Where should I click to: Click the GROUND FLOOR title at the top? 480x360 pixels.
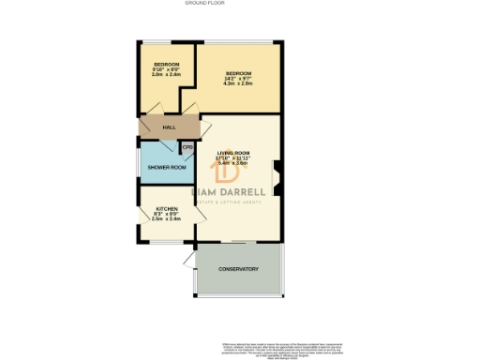coord(238,5)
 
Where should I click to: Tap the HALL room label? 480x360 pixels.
coord(170,127)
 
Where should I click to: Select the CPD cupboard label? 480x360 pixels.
coord(187,147)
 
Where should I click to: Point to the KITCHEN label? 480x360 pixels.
coord(167,208)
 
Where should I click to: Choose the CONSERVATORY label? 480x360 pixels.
coord(238,270)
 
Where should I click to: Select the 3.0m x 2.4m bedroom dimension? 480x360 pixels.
coord(165,74)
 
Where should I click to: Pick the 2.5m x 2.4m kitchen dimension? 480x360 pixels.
coord(166,218)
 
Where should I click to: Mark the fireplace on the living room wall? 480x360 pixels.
coord(277,175)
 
